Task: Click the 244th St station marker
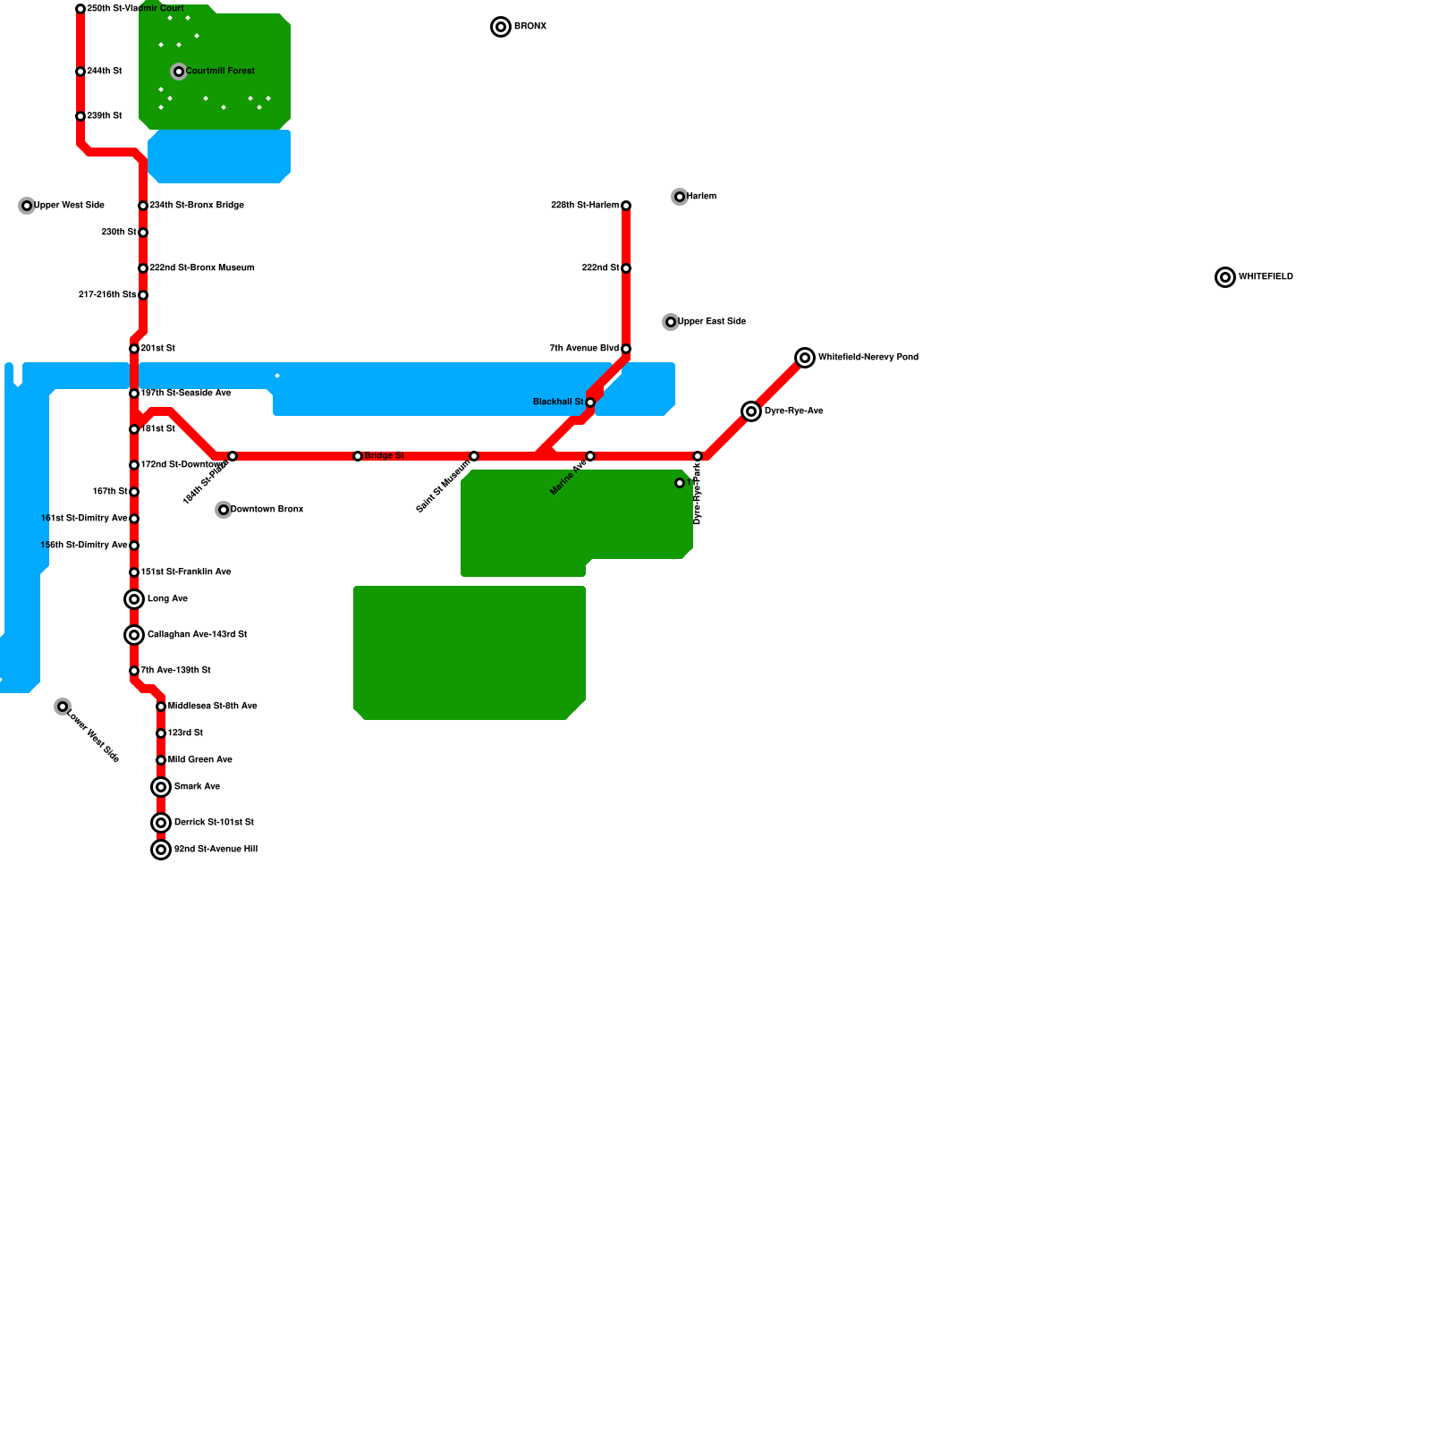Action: point(80,72)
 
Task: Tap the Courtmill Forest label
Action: point(220,72)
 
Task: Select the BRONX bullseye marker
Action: point(501,27)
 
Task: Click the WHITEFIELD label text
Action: point(1266,277)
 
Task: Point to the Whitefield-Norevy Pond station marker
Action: point(805,358)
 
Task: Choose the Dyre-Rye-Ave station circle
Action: point(751,411)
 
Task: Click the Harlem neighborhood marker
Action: point(680,197)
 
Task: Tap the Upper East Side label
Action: point(712,322)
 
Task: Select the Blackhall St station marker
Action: point(590,402)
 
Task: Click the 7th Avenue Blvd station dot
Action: point(626,349)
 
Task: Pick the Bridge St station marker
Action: point(358,456)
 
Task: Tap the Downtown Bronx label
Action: point(267,510)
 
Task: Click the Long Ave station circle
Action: point(134,599)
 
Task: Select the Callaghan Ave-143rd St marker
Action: point(134,635)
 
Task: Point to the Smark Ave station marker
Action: point(161,787)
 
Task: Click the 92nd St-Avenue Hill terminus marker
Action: point(161,850)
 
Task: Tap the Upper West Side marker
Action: point(27,206)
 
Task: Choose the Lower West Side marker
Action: point(63,707)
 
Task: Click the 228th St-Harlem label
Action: point(585,206)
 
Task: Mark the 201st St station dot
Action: point(134,349)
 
